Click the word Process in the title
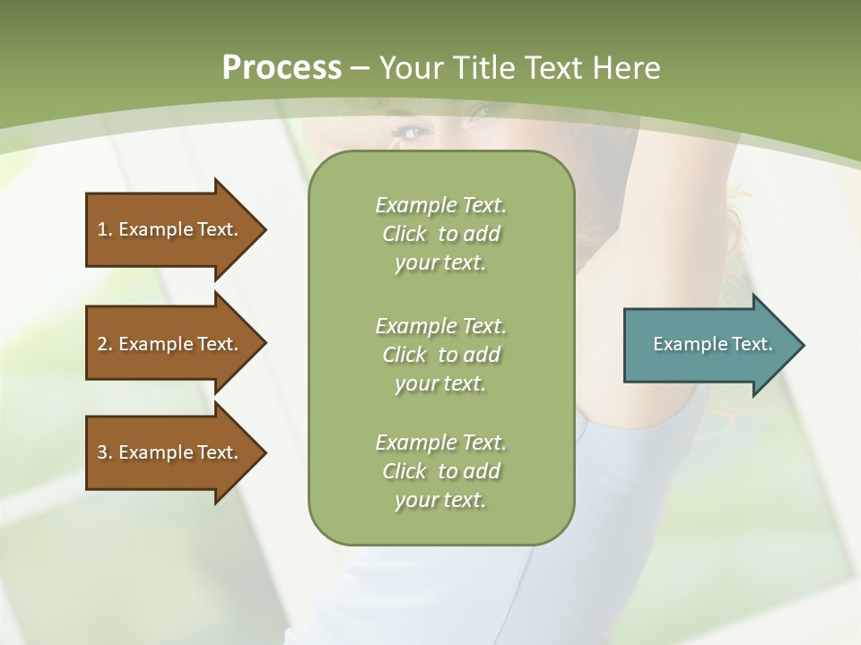(x=282, y=68)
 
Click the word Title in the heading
(x=483, y=68)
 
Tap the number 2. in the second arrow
(x=105, y=344)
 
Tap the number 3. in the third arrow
(x=105, y=452)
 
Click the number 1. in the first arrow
(x=104, y=229)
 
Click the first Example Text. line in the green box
(x=440, y=205)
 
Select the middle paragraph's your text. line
(x=440, y=383)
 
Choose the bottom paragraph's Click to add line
(x=440, y=471)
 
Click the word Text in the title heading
(x=553, y=68)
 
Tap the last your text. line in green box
(x=440, y=500)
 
